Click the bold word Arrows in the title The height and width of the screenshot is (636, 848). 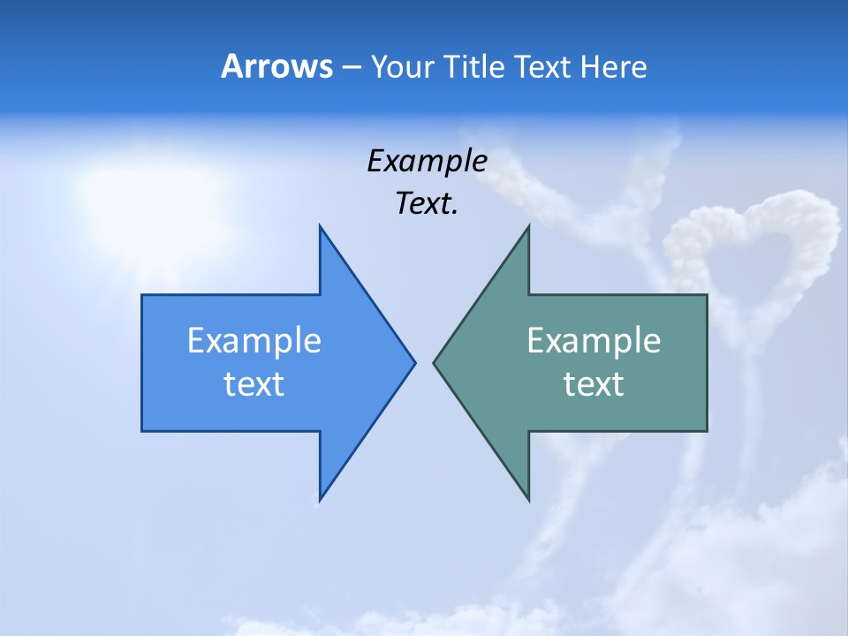pyautogui.click(x=276, y=66)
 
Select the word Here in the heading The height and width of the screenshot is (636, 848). pyautogui.click(x=613, y=66)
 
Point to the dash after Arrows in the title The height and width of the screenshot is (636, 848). pyautogui.click(x=351, y=67)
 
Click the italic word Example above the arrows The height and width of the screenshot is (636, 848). pyautogui.click(x=427, y=162)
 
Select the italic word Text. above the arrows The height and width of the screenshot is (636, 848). pyautogui.click(x=427, y=204)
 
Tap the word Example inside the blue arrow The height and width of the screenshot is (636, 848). pyautogui.click(x=254, y=341)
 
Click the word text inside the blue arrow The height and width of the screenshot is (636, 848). pyautogui.click(x=254, y=384)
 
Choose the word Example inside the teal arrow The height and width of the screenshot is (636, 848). pyautogui.click(x=594, y=341)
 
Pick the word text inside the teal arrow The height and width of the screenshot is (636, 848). pyautogui.click(x=594, y=384)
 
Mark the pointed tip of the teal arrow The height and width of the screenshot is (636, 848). pyautogui.click(x=435, y=361)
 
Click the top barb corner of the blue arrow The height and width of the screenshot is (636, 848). pyautogui.click(x=321, y=228)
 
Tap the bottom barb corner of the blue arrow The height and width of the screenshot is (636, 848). pyautogui.click(x=321, y=498)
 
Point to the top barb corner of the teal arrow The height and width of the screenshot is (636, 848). pyautogui.click(x=528, y=228)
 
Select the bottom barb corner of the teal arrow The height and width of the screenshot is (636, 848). pyautogui.click(x=528, y=498)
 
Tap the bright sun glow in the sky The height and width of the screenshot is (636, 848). pyautogui.click(x=159, y=190)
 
